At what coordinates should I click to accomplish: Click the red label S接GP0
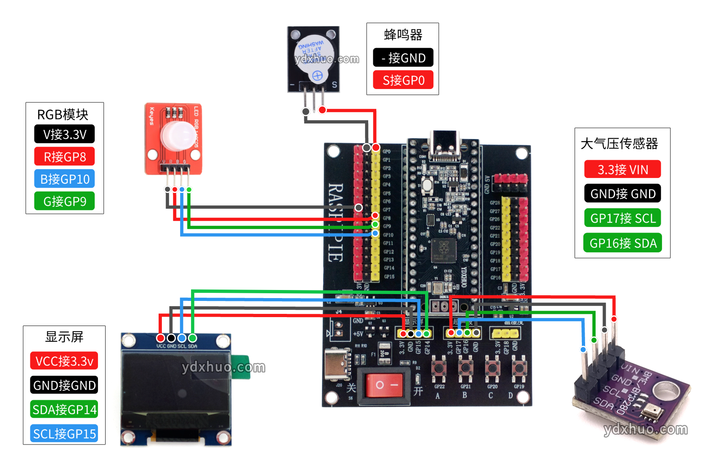[x=403, y=80]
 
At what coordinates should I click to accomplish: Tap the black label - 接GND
[x=403, y=58]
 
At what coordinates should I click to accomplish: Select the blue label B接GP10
[x=65, y=179]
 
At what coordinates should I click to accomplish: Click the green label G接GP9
[x=65, y=201]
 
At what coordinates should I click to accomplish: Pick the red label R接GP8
[x=65, y=157]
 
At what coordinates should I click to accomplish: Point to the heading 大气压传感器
[x=619, y=144]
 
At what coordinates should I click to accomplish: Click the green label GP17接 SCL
[x=623, y=218]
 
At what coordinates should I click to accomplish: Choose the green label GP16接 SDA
[x=623, y=243]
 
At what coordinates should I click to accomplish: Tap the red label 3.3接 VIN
[x=623, y=169]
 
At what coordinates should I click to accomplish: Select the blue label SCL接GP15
[x=64, y=434]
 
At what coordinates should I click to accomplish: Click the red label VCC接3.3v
[x=64, y=361]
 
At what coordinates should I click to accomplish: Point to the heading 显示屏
[x=64, y=337]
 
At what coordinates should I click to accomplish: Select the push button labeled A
[x=439, y=368]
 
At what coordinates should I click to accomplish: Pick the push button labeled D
[x=519, y=368]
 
